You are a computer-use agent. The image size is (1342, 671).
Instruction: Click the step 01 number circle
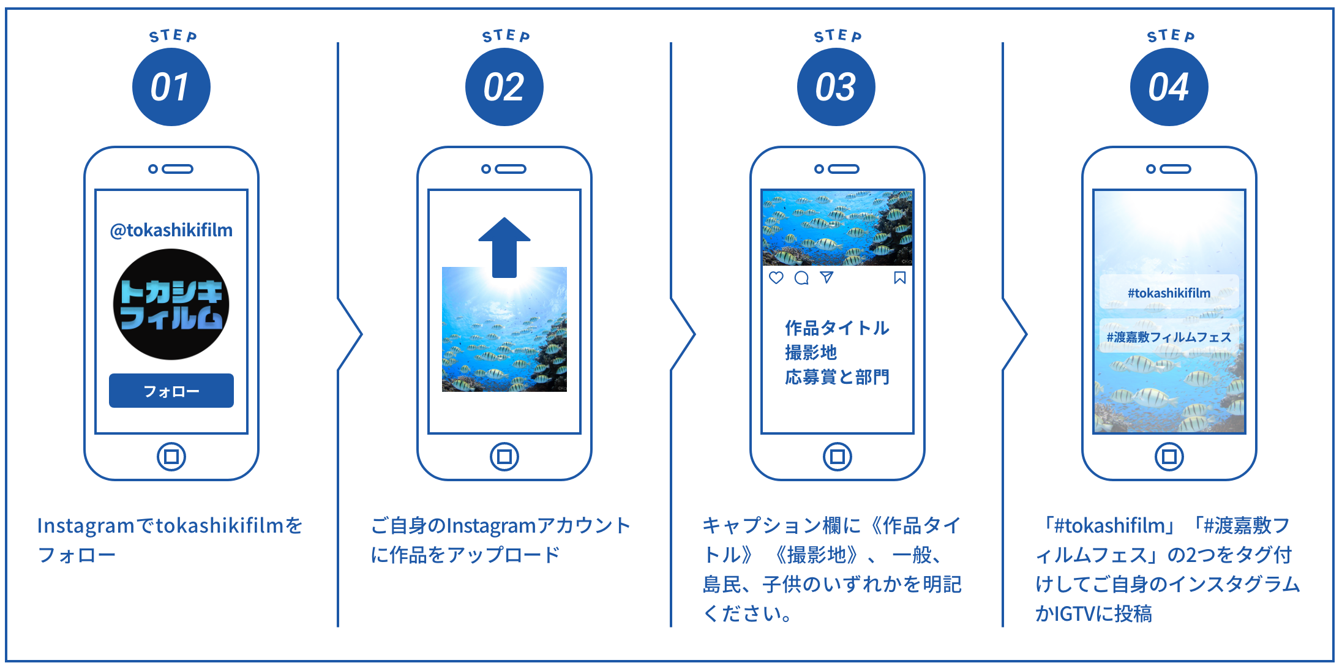pyautogui.click(x=171, y=87)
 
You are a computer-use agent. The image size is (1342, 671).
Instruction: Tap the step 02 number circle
pyautogui.click(x=504, y=87)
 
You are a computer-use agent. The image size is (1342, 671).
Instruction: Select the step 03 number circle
pyautogui.click(x=836, y=87)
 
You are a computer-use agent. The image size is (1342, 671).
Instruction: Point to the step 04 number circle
pyautogui.click(x=1169, y=87)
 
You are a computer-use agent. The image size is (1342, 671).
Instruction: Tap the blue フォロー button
pyautogui.click(x=171, y=391)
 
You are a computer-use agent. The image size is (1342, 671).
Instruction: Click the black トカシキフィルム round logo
pyautogui.click(x=171, y=304)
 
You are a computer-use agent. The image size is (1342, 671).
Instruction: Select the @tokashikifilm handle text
pyautogui.click(x=171, y=230)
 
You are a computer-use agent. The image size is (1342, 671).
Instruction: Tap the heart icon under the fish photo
pyautogui.click(x=776, y=278)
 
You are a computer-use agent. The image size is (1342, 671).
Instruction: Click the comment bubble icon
pyautogui.click(x=801, y=278)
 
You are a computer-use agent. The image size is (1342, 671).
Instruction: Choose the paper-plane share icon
pyautogui.click(x=827, y=277)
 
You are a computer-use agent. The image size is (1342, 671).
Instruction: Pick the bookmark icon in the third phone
pyautogui.click(x=899, y=278)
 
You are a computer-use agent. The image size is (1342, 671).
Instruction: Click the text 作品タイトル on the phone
pyautogui.click(x=837, y=328)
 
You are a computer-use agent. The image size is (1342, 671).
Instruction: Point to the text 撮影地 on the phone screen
pyautogui.click(x=811, y=353)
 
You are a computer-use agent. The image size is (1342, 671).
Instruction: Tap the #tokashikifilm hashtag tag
pyautogui.click(x=1169, y=293)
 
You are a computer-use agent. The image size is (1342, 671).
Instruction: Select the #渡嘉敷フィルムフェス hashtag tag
pyautogui.click(x=1169, y=337)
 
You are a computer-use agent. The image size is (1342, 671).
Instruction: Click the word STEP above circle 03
pyautogui.click(x=837, y=36)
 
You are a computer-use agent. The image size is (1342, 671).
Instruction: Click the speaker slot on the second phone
pyautogui.click(x=511, y=169)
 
